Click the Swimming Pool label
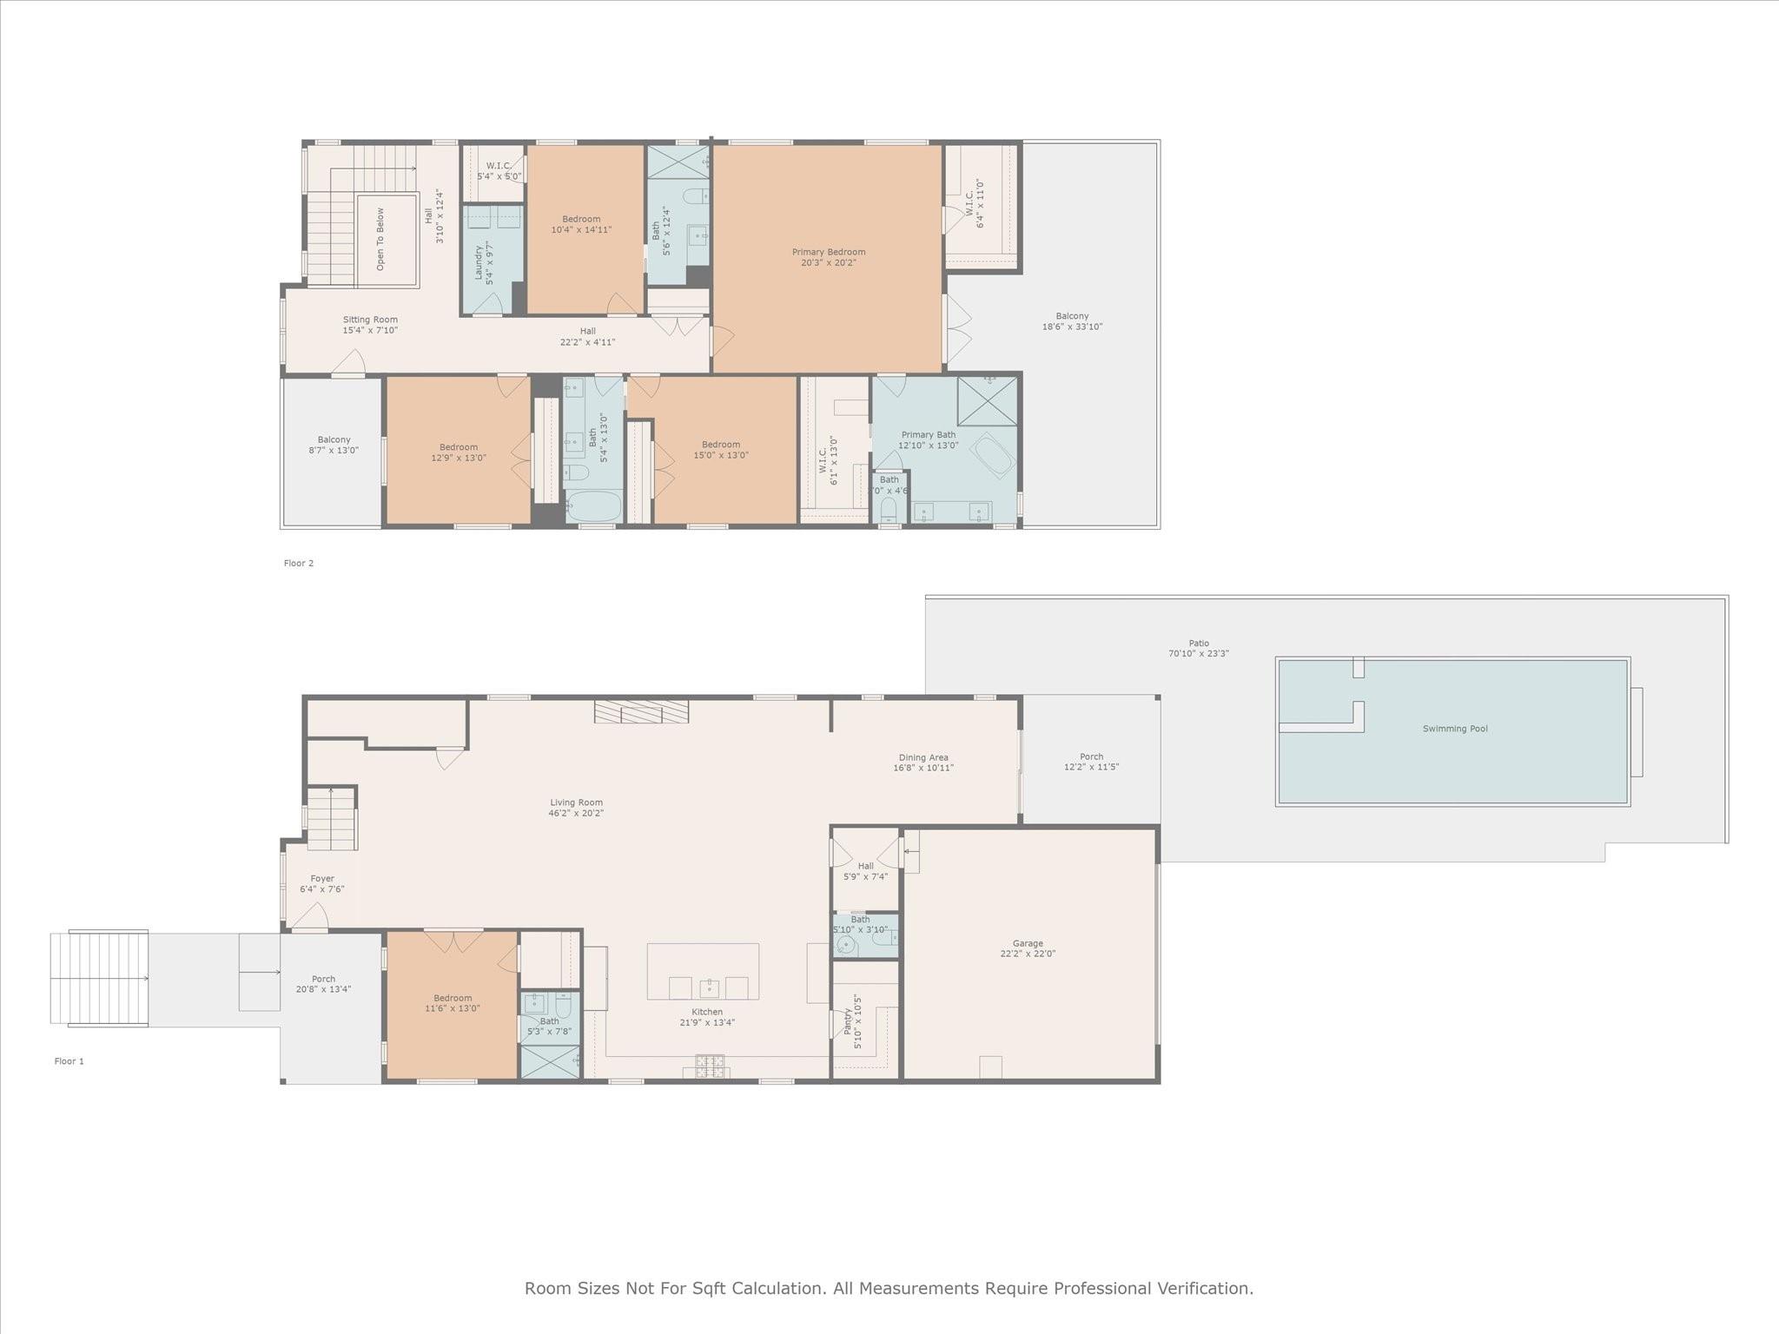[1454, 729]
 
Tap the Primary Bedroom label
[828, 253]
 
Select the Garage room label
[1028, 943]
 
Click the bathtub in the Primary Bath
[992, 455]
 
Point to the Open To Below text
[380, 239]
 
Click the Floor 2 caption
[298, 563]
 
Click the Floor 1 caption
[69, 1061]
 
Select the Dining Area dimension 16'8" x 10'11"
[923, 768]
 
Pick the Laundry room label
[479, 263]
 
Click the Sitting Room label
[370, 320]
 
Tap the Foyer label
[322, 879]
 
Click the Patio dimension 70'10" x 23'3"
[1199, 653]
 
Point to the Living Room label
[576, 803]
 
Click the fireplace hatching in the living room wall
[641, 711]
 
